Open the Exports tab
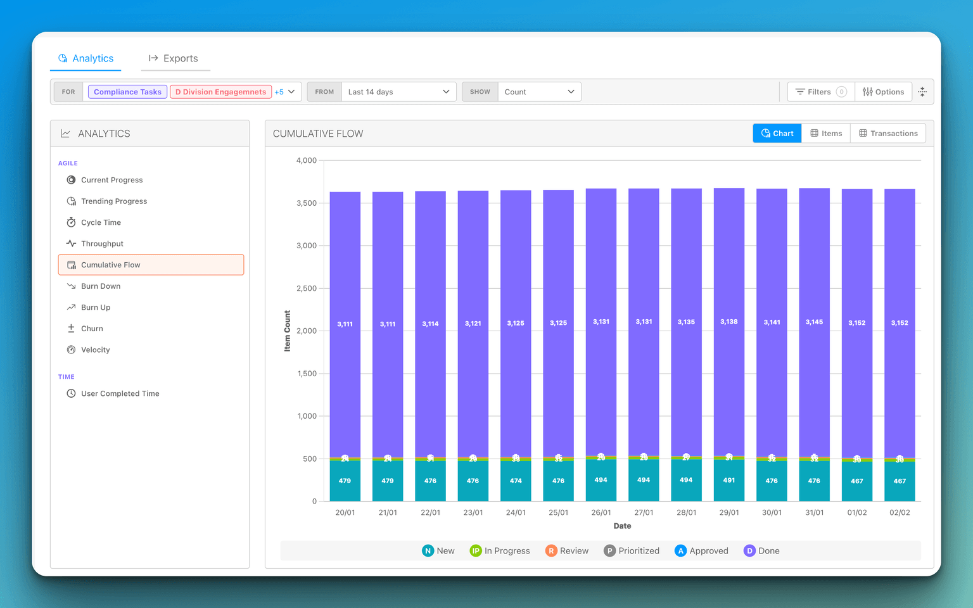[x=174, y=58]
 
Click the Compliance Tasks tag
[x=127, y=92]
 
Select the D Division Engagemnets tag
[x=220, y=92]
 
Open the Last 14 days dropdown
[x=398, y=92]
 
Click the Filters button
[x=820, y=92]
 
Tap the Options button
[x=883, y=92]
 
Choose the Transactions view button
[x=888, y=134]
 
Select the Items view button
[x=826, y=134]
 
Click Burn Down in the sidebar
[x=101, y=286]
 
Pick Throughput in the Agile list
[x=102, y=244]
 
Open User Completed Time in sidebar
[x=120, y=393]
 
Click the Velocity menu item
[x=95, y=350]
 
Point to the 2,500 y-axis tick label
[x=307, y=288]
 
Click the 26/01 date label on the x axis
[x=601, y=512]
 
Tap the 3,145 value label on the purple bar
[x=814, y=322]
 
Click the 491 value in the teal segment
[x=729, y=480]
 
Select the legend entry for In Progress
[x=500, y=551]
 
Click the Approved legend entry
[x=702, y=551]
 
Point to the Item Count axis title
[x=288, y=331]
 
